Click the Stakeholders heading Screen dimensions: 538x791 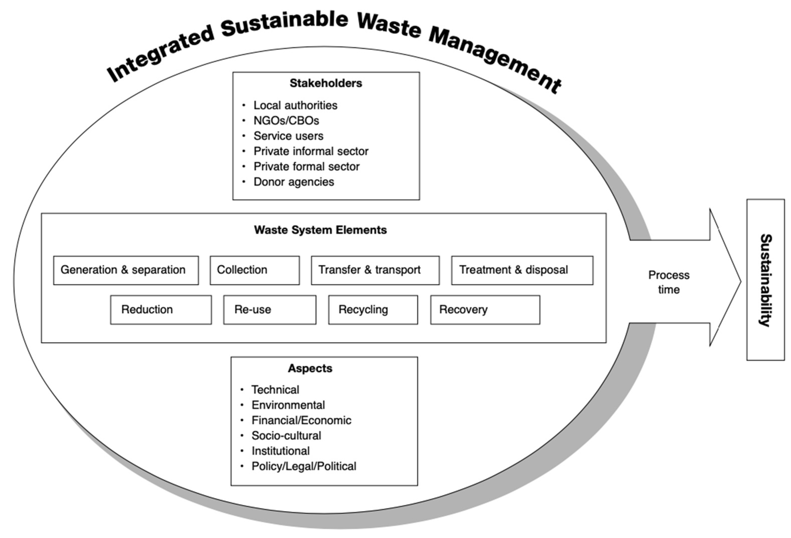(x=326, y=83)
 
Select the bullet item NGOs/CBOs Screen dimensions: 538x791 (x=286, y=121)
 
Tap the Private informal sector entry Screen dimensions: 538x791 (x=311, y=151)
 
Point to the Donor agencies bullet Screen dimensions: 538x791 (x=293, y=182)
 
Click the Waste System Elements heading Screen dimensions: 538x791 (x=320, y=230)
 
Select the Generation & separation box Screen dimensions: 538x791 (x=126, y=270)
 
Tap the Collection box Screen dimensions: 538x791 (x=255, y=270)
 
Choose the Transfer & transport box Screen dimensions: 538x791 (x=375, y=270)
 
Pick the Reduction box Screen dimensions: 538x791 (x=161, y=310)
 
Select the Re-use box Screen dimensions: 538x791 (x=270, y=310)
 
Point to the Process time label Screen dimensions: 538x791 (x=668, y=282)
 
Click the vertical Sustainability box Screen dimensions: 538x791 (x=765, y=280)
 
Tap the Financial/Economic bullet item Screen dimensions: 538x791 (x=301, y=420)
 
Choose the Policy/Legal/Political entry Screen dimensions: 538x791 (x=304, y=466)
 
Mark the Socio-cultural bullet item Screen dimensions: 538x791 (x=286, y=435)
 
